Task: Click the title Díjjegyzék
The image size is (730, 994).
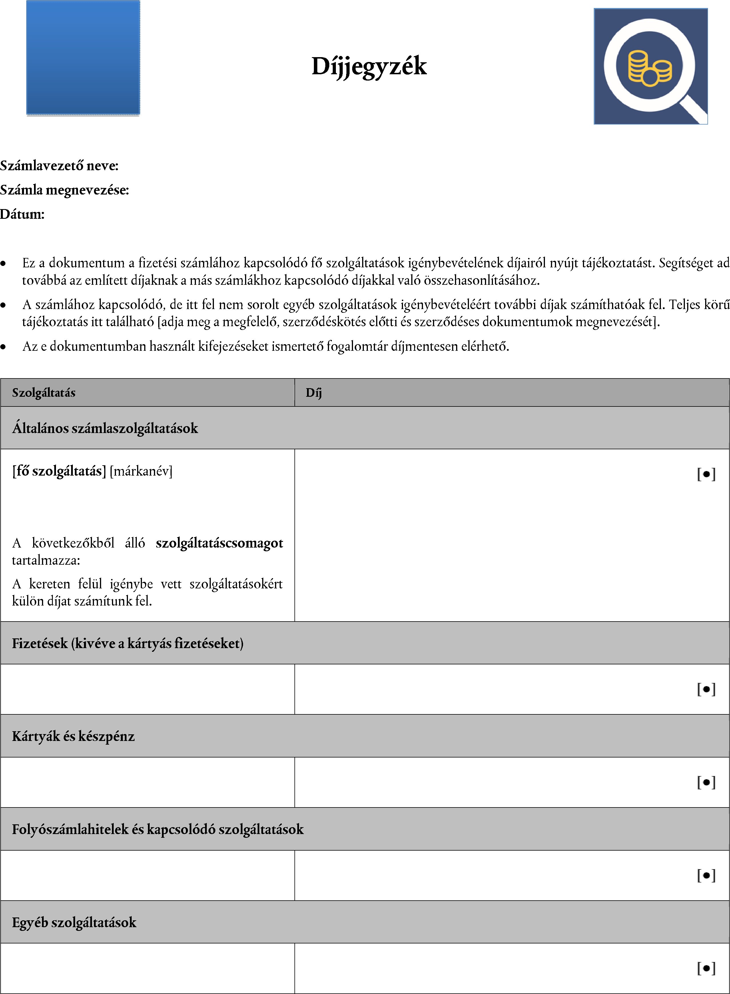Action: click(369, 66)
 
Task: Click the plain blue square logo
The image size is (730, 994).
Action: click(83, 58)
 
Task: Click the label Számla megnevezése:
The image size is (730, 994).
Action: click(65, 190)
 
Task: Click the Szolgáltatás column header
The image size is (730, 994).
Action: click(44, 392)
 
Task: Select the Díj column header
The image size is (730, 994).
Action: click(314, 392)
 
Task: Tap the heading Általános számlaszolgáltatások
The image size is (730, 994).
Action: click(105, 428)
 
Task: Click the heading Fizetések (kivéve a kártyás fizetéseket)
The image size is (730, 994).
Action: click(128, 643)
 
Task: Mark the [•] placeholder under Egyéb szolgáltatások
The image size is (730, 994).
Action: click(706, 968)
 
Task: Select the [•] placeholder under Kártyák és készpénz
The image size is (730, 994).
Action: click(706, 782)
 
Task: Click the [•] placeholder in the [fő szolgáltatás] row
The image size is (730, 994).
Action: click(706, 474)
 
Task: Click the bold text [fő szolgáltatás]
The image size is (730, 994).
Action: click(59, 471)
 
